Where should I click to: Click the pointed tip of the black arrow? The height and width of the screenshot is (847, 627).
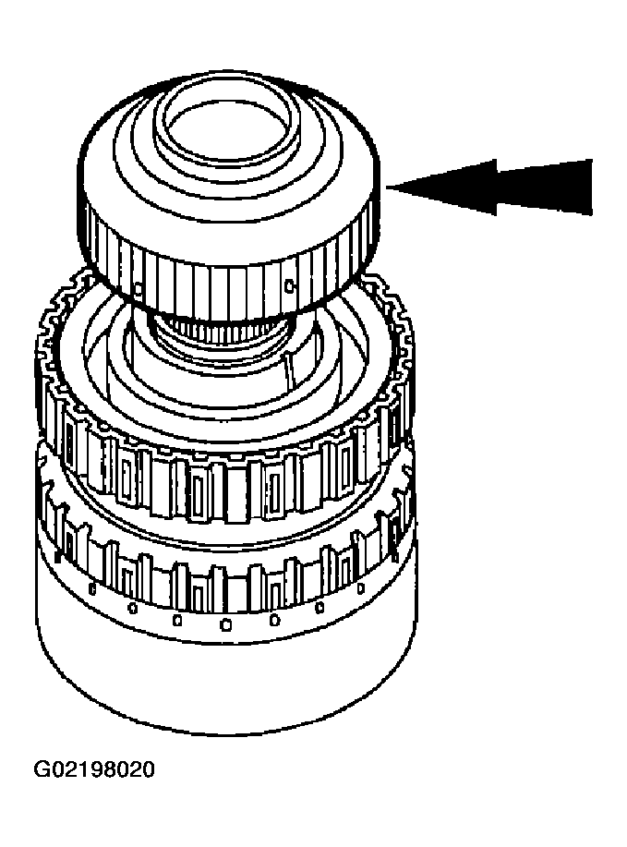[388, 188]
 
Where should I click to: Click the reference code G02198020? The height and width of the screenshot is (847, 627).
[94, 768]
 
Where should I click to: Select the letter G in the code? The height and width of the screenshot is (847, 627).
[42, 768]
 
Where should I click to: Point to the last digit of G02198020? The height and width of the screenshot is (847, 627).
[148, 768]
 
